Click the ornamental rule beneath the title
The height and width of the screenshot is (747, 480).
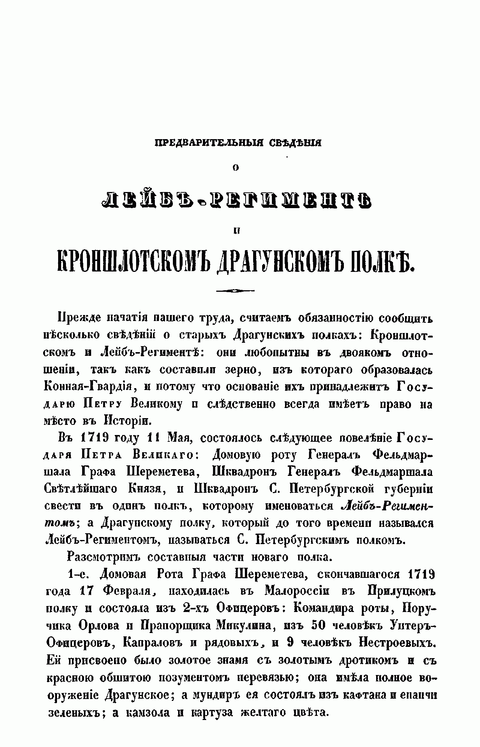pyautogui.click(x=235, y=290)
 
